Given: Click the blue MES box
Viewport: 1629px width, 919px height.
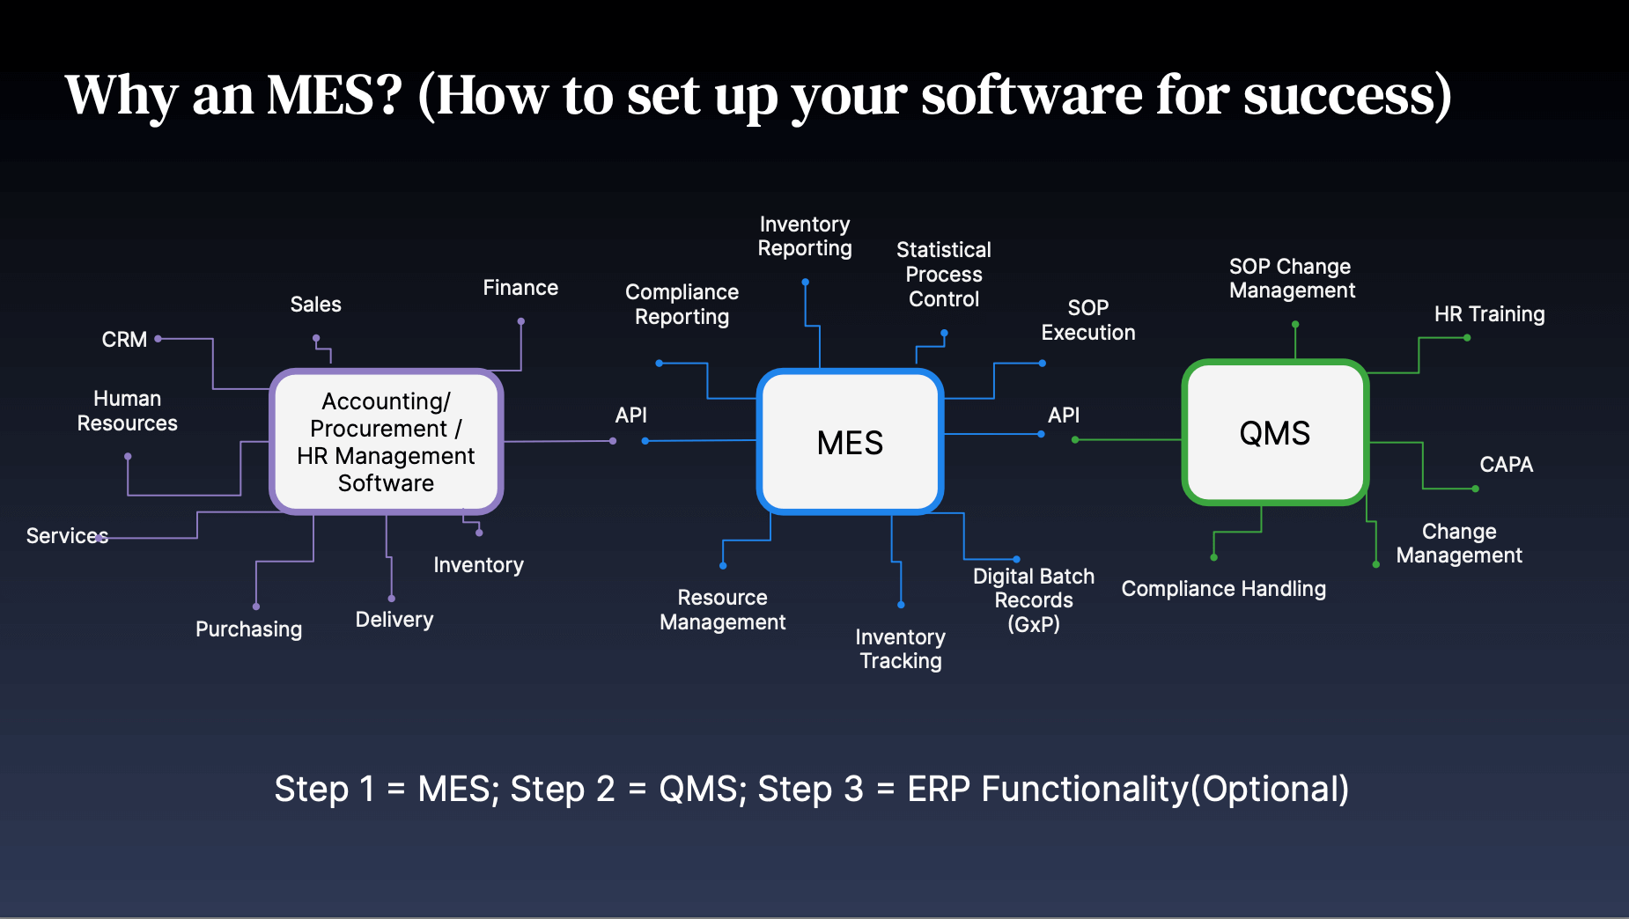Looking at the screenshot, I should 850,442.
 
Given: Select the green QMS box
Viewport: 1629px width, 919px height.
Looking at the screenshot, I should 1274,432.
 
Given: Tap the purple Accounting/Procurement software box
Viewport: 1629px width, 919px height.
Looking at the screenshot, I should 386,442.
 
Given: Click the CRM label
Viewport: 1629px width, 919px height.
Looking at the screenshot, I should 124,340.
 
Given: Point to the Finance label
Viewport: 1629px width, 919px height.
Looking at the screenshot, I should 520,288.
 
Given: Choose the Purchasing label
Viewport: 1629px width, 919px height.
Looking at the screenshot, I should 248,629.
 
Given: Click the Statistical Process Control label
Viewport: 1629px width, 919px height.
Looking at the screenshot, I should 943,275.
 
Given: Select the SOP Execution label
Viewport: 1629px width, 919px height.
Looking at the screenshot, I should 1088,320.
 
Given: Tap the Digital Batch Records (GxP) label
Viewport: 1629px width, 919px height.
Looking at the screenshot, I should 1034,600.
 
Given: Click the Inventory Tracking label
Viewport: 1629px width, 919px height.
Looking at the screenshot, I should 900,649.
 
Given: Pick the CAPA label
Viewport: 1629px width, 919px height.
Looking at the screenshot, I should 1506,465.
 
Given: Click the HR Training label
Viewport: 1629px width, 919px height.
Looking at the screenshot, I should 1489,314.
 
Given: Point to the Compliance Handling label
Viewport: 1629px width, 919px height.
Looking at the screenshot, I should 1223,589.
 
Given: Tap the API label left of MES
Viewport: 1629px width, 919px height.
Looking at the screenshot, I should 630,415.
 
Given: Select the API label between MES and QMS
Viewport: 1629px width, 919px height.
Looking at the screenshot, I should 1063,415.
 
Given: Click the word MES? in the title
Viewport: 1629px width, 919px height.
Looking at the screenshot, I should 335,95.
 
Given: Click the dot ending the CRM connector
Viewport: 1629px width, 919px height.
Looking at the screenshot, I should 158,338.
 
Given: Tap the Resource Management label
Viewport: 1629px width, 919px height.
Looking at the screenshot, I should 722,610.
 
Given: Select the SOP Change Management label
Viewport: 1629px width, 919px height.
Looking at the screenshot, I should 1292,278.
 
